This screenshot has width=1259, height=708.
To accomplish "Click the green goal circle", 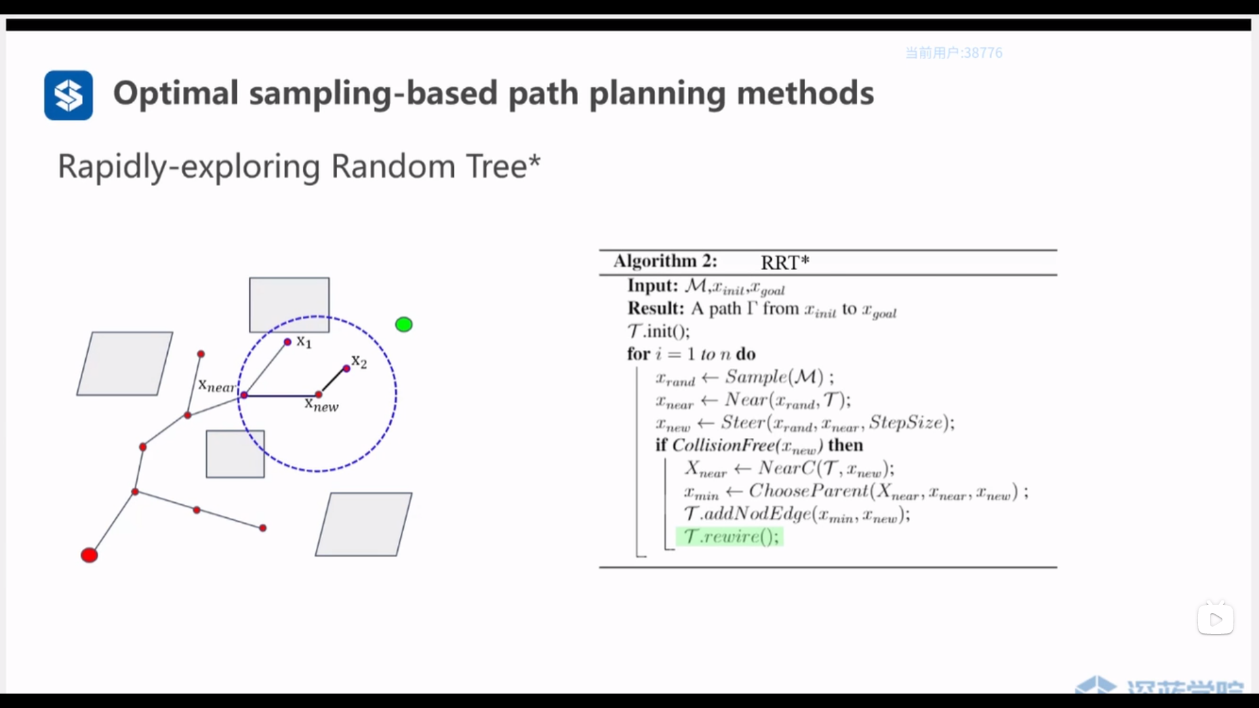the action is tap(404, 324).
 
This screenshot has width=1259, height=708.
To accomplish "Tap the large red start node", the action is tap(89, 555).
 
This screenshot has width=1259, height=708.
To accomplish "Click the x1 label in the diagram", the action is tap(304, 342).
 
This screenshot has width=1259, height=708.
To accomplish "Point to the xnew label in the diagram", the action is tap(321, 405).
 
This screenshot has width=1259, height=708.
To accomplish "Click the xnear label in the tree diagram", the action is tap(216, 386).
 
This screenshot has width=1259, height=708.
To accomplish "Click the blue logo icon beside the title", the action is tap(68, 95).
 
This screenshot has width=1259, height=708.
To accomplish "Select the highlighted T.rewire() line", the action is tap(730, 537).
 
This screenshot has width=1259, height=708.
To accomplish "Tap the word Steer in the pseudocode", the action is tap(743, 423).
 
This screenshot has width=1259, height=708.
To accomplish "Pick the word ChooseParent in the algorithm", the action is tap(808, 491).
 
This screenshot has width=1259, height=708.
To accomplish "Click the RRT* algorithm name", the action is tap(785, 262).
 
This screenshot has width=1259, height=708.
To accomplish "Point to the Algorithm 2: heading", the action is tap(665, 261).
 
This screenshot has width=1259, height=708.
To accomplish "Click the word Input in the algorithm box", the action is tap(652, 286).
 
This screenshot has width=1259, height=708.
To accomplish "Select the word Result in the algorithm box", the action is tap(655, 309).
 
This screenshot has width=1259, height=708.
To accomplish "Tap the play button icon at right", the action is tap(1216, 619).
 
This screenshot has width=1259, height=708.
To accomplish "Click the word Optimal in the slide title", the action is tap(176, 93).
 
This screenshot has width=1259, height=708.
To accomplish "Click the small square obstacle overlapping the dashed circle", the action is tap(235, 454).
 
